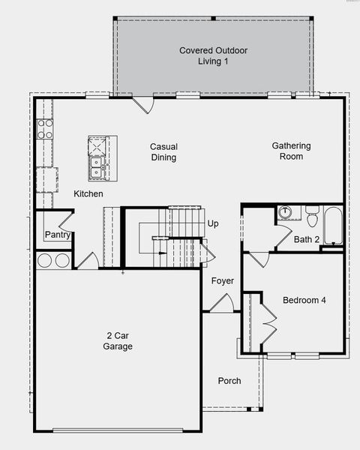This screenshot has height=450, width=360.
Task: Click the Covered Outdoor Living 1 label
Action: (x=213, y=55)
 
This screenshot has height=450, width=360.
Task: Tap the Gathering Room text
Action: (x=292, y=151)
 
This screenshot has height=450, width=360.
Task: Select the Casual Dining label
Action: (x=163, y=152)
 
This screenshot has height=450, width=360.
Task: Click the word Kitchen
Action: (x=88, y=194)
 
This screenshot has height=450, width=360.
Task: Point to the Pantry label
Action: (x=57, y=235)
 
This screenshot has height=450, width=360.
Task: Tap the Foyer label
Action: (x=222, y=281)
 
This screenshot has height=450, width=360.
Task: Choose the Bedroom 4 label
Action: (x=304, y=301)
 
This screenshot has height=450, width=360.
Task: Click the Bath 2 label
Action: (x=307, y=240)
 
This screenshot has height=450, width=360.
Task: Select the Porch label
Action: (x=229, y=381)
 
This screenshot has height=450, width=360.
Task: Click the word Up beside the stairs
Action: (x=213, y=224)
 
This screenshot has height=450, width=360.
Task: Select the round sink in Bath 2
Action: (x=285, y=212)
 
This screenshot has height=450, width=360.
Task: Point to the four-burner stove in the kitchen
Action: (x=45, y=128)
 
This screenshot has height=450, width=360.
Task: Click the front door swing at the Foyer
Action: (x=222, y=304)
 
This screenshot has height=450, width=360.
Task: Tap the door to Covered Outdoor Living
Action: (x=142, y=104)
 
